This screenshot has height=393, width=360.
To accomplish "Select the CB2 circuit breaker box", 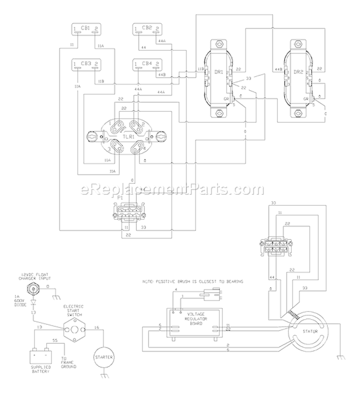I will [147, 29].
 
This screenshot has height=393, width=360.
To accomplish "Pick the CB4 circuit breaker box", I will [147, 64].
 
